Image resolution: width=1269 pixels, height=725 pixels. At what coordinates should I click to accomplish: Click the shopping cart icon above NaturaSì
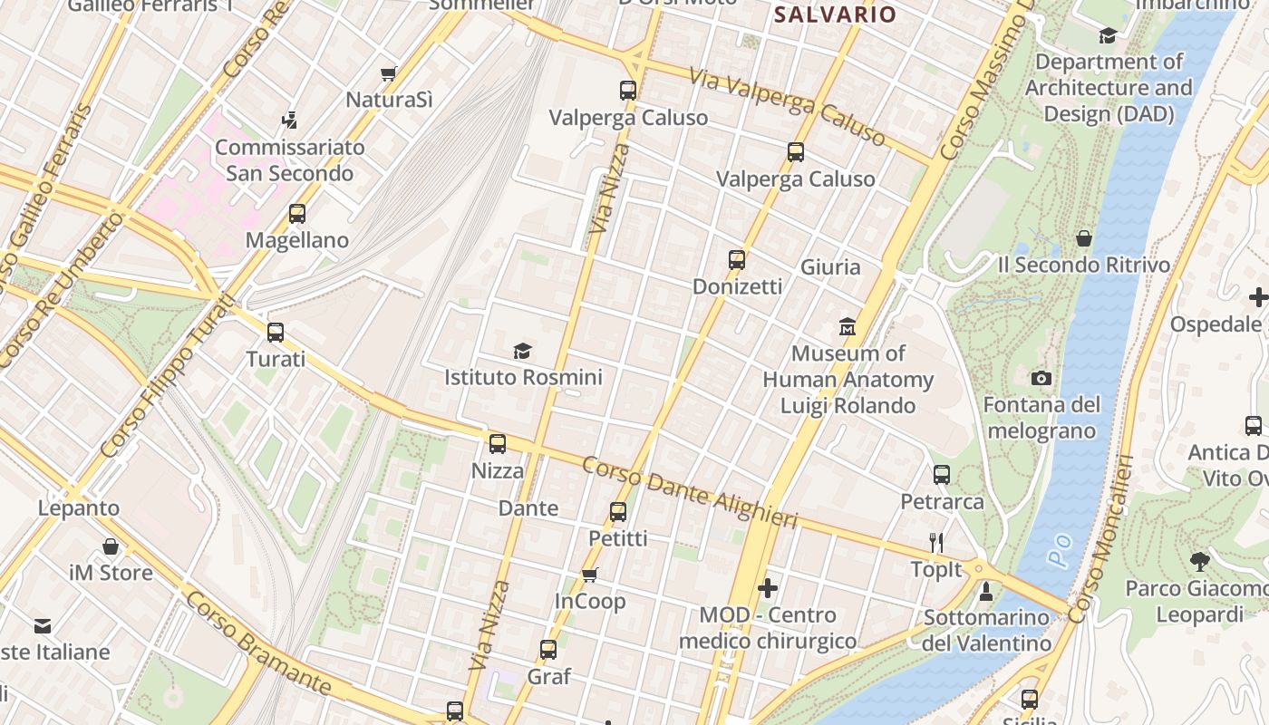(389, 73)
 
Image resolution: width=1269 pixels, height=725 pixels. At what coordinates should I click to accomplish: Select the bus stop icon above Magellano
(297, 214)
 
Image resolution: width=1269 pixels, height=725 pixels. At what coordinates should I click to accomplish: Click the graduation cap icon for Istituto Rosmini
(522, 351)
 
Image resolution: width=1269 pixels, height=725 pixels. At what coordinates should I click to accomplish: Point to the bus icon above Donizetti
(737, 260)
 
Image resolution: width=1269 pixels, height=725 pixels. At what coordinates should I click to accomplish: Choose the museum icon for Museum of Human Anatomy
(848, 326)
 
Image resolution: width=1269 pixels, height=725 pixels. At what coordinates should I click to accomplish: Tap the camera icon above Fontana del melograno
(1041, 378)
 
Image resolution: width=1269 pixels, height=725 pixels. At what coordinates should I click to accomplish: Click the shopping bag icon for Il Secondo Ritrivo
(1084, 238)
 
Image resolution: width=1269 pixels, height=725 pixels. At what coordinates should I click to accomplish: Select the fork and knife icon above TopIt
(936, 543)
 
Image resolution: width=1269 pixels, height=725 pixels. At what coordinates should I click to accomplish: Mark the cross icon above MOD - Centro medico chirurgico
(768, 588)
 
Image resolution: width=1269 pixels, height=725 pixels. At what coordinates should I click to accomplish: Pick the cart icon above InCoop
(590, 575)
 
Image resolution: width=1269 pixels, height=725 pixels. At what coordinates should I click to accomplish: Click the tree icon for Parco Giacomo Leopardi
(1199, 562)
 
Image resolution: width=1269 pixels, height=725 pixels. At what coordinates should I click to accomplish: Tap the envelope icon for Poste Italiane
(43, 625)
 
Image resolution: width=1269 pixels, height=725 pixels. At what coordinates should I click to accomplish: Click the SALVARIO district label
(834, 14)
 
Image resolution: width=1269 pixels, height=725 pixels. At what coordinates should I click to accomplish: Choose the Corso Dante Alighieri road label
(690, 493)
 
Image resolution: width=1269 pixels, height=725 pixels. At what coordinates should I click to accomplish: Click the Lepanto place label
(79, 507)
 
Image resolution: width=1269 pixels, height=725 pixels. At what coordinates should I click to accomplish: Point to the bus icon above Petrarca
(942, 474)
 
